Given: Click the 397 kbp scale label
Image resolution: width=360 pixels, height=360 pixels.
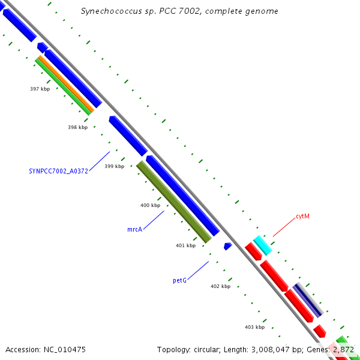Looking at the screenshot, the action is [40, 89].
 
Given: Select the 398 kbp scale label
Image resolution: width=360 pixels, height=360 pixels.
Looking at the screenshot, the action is [77, 127].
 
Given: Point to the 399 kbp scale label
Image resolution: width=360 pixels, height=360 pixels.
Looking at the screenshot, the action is [114, 166].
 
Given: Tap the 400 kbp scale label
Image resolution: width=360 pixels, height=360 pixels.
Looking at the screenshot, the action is [150, 205].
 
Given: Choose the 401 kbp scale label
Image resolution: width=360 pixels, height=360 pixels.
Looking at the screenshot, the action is [185, 245].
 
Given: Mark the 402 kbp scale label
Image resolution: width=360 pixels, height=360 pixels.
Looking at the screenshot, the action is [220, 286].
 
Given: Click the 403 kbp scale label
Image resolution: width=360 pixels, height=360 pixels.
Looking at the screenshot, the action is [254, 327].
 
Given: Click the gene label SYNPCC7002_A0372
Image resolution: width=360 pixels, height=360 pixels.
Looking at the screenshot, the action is [59, 171].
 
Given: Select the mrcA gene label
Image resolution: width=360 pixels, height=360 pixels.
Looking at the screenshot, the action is [134, 230].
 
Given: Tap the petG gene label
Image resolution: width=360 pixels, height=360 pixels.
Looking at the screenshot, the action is [179, 280].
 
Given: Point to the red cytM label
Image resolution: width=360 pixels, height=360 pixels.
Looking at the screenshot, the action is [302, 216].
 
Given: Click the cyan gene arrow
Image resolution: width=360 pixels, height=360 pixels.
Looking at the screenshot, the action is [263, 245].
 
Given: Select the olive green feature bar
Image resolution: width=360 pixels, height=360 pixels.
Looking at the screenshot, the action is [174, 202].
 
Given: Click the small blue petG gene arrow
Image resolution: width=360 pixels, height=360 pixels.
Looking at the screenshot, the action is [227, 246].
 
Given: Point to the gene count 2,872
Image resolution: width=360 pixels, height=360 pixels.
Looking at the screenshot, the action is [343, 349].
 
